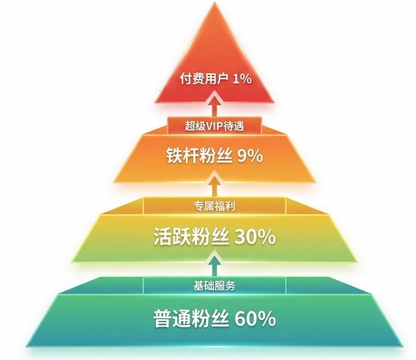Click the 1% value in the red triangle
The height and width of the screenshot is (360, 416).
coord(242,79)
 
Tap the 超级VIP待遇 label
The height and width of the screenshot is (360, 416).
coord(214,126)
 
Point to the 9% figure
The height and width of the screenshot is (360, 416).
coord(250,156)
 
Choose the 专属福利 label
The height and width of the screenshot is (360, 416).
coord(214,206)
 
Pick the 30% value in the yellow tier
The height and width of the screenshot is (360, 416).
coord(255,237)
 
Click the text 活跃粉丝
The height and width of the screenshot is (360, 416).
coord(191,236)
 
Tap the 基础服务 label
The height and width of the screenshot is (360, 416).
coord(214,286)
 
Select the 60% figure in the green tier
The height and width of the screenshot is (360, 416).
coord(255,318)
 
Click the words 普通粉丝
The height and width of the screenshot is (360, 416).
coord(191,318)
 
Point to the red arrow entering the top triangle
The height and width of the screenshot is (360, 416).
coord(215,105)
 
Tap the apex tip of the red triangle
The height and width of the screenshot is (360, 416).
coord(214,2)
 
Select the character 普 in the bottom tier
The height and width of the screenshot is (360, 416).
coord(163,318)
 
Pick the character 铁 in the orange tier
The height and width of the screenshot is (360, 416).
coord(174,156)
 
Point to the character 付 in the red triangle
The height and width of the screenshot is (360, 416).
coord(186,79)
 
